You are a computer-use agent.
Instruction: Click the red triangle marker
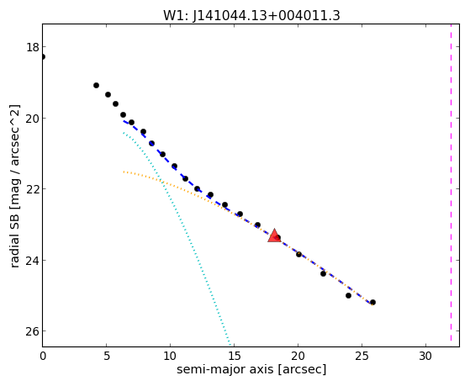(x=274, y=235)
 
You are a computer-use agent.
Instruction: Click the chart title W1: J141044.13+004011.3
(x=251, y=15)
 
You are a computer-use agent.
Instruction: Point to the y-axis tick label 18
(x=33, y=47)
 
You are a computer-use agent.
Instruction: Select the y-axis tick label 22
(x=33, y=189)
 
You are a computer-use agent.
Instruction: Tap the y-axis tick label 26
(x=33, y=331)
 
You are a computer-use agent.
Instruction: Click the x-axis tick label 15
(x=234, y=356)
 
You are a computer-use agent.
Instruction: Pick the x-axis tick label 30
(x=425, y=356)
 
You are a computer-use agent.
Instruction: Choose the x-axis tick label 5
(x=107, y=356)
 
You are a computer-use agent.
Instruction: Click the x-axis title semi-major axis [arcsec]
(x=251, y=369)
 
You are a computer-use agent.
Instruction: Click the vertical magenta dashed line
(x=451, y=185)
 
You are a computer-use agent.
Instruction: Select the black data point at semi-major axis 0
(x=43, y=56)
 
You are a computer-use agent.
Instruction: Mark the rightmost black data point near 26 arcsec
(x=372, y=302)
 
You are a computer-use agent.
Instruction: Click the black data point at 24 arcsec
(x=348, y=295)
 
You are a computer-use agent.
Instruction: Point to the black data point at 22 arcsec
(x=323, y=273)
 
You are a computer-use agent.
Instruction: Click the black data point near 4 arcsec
(x=96, y=86)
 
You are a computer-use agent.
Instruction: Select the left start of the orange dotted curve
(x=124, y=172)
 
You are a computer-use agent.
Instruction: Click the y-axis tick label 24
(x=33, y=260)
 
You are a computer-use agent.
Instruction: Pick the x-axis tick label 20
(x=298, y=356)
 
